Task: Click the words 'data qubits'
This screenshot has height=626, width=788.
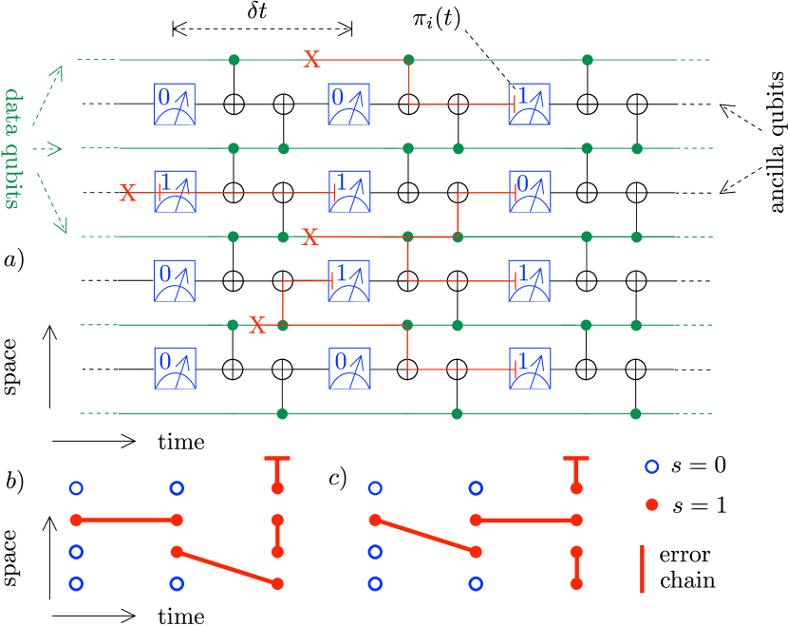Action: pyautogui.click(x=12, y=148)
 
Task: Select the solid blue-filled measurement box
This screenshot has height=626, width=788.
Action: pyautogui.click(x=529, y=104)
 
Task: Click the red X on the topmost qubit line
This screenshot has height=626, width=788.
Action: pyautogui.click(x=311, y=60)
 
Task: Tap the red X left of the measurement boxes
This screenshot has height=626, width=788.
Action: pyautogui.click(x=127, y=193)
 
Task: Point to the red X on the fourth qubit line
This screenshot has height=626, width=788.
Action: pyautogui.click(x=257, y=326)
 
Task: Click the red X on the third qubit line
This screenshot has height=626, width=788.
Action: pyautogui.click(x=310, y=237)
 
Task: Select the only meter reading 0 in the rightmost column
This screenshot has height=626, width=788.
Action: pyautogui.click(x=530, y=192)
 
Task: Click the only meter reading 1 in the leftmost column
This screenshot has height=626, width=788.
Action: pyautogui.click(x=175, y=192)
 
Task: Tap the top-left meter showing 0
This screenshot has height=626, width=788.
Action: pyautogui.click(x=175, y=104)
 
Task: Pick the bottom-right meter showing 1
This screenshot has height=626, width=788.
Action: pyautogui.click(x=530, y=369)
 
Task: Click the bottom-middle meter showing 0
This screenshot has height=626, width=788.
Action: pyautogui.click(x=349, y=369)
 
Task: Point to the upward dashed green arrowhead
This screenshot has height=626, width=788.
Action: pyautogui.click(x=58, y=70)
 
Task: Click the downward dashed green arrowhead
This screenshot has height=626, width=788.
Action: pyautogui.click(x=63, y=227)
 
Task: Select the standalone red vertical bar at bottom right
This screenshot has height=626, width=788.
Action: pyautogui.click(x=643, y=568)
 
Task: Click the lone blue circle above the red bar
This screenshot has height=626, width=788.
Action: pyautogui.click(x=651, y=466)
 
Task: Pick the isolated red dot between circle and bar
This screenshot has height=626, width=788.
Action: pyautogui.click(x=651, y=504)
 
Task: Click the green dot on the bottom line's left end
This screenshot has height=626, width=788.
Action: pyautogui.click(x=282, y=414)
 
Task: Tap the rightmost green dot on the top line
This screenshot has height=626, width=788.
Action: pyautogui.click(x=588, y=60)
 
